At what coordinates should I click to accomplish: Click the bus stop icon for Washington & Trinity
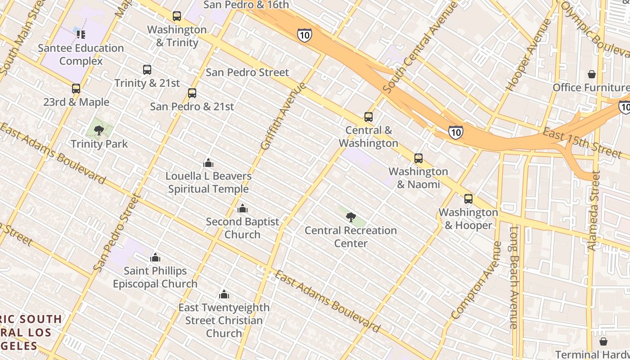click(x=177, y=16)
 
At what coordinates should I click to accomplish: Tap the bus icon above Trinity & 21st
click(x=147, y=70)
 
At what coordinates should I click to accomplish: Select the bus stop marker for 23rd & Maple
click(x=76, y=89)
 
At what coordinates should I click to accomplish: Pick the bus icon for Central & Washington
click(x=369, y=117)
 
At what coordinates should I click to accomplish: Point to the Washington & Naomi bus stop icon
click(x=418, y=158)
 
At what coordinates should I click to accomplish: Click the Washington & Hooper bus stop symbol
click(x=468, y=199)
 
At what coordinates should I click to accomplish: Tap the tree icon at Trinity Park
click(x=99, y=130)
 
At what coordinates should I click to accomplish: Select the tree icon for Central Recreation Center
click(x=351, y=217)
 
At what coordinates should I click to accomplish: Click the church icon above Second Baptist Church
click(x=243, y=209)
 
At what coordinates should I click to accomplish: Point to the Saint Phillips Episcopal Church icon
click(x=155, y=257)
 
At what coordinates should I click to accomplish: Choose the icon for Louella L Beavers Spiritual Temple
click(x=208, y=163)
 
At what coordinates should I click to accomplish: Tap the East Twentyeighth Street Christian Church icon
click(x=224, y=295)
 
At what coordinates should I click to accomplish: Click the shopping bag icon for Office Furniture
click(x=592, y=74)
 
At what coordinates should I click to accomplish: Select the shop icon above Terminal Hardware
click(x=603, y=342)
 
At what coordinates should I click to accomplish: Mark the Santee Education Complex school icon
click(x=81, y=34)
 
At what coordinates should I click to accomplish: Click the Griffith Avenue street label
click(x=283, y=116)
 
